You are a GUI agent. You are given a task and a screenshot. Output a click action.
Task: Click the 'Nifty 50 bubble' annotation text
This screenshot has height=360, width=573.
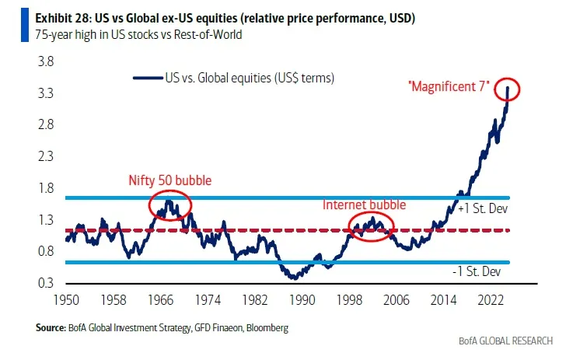[170, 180]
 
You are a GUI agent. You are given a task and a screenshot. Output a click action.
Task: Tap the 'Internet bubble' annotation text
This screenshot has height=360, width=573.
[364, 205]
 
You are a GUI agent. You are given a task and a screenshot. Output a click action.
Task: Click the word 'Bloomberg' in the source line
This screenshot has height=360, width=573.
[265, 328]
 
